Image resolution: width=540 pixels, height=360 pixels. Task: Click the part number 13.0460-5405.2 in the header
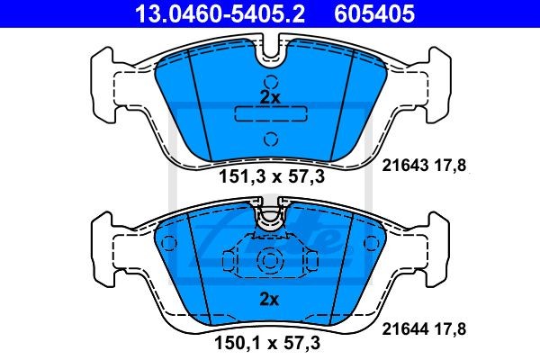(x=209, y=13)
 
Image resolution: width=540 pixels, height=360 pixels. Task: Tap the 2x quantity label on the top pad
(x=269, y=96)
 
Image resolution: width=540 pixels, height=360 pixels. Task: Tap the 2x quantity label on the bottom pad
(x=269, y=298)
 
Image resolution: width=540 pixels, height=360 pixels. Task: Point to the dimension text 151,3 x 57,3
(x=270, y=178)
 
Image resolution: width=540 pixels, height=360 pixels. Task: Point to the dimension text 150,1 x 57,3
(x=270, y=343)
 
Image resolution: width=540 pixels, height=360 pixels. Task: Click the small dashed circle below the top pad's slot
(x=270, y=138)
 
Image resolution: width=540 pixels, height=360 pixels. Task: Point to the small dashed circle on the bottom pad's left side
(x=166, y=242)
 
